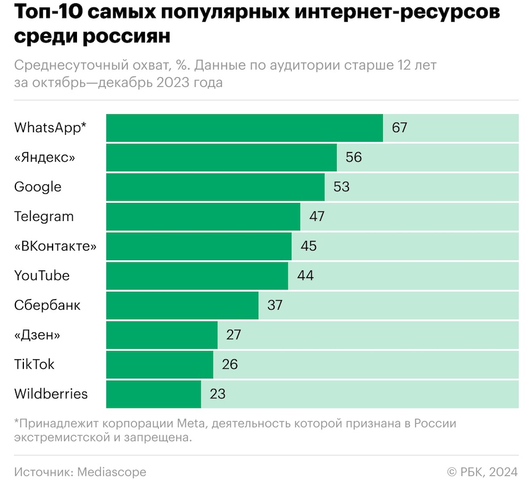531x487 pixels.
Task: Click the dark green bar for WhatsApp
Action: click(244, 128)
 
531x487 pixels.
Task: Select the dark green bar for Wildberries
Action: click(153, 394)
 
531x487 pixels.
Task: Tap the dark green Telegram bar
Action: click(203, 217)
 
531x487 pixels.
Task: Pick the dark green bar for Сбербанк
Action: click(182, 305)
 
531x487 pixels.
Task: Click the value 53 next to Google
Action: click(341, 187)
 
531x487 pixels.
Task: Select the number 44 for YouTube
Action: click(305, 276)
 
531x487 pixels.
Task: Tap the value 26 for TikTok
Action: click(229, 364)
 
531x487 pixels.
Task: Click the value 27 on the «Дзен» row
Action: click(233, 335)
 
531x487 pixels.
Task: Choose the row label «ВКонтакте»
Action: click(56, 246)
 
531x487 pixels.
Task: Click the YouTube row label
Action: click(42, 276)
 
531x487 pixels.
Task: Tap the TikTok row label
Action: click(35, 364)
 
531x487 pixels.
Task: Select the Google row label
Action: click(38, 187)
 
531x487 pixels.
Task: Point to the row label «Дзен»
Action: click(37, 335)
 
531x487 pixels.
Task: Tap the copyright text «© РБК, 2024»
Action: click(482, 472)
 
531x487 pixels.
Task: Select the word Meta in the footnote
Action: click(185, 424)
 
